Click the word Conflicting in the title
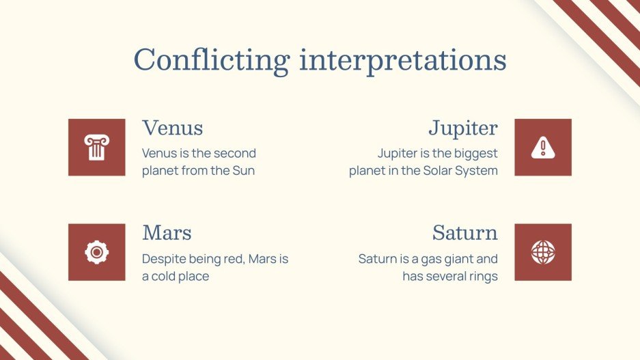[x=212, y=60]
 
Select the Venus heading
[x=173, y=128]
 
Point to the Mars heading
[x=167, y=233]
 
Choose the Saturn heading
[x=465, y=233]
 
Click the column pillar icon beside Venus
[x=97, y=148]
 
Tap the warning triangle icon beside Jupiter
[x=543, y=148]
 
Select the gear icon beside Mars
[x=97, y=252]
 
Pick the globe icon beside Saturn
[x=543, y=252]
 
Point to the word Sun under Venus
[x=244, y=171]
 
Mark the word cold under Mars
[x=163, y=277]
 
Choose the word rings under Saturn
[x=483, y=277]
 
